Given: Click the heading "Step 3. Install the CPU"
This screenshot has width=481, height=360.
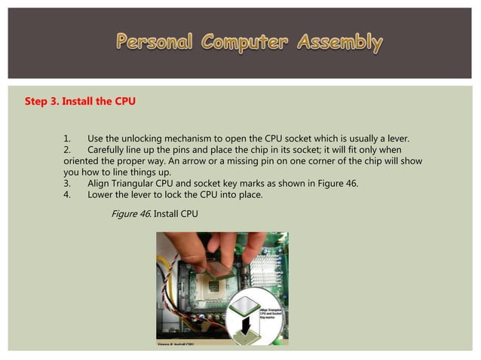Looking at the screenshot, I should point(81,100).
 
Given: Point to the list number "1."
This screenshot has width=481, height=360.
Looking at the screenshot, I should point(68,139).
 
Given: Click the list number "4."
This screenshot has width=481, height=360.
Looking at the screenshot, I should point(68,194).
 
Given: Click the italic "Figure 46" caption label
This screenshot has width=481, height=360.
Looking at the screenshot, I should point(130,214).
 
